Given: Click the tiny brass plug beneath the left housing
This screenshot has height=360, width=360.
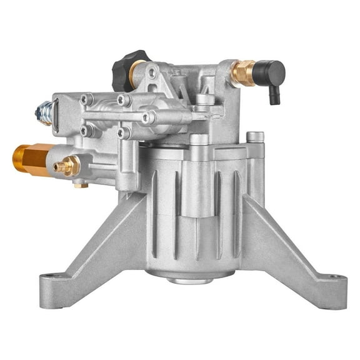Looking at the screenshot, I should tap(81, 184).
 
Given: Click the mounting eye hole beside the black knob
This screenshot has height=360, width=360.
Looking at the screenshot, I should tap(152, 74).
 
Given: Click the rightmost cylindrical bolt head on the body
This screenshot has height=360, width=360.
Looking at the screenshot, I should tap(255, 136).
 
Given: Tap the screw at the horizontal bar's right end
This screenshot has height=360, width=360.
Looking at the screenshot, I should tap(148, 117).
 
